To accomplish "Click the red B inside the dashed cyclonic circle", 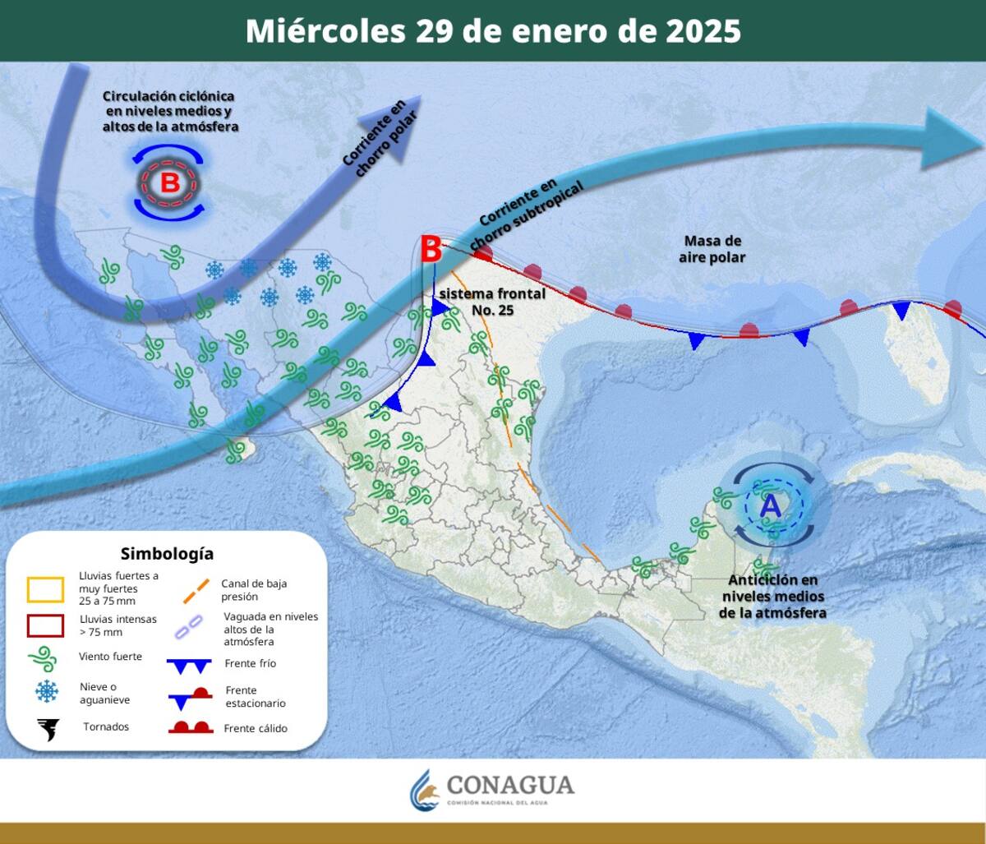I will click(x=169, y=182).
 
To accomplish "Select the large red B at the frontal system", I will click(x=431, y=248).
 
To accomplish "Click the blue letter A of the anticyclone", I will click(x=771, y=505).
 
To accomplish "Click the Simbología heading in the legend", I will click(x=167, y=554).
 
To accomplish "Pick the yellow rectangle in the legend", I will click(x=45, y=589).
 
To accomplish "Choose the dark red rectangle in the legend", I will click(x=45, y=625).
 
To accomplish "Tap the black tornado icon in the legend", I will click(x=48, y=728).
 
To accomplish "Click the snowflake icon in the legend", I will click(x=47, y=693).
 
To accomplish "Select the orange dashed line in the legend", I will click(x=191, y=589).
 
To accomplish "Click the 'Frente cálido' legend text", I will click(x=255, y=728).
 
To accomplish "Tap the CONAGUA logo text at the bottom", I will click(x=509, y=786).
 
